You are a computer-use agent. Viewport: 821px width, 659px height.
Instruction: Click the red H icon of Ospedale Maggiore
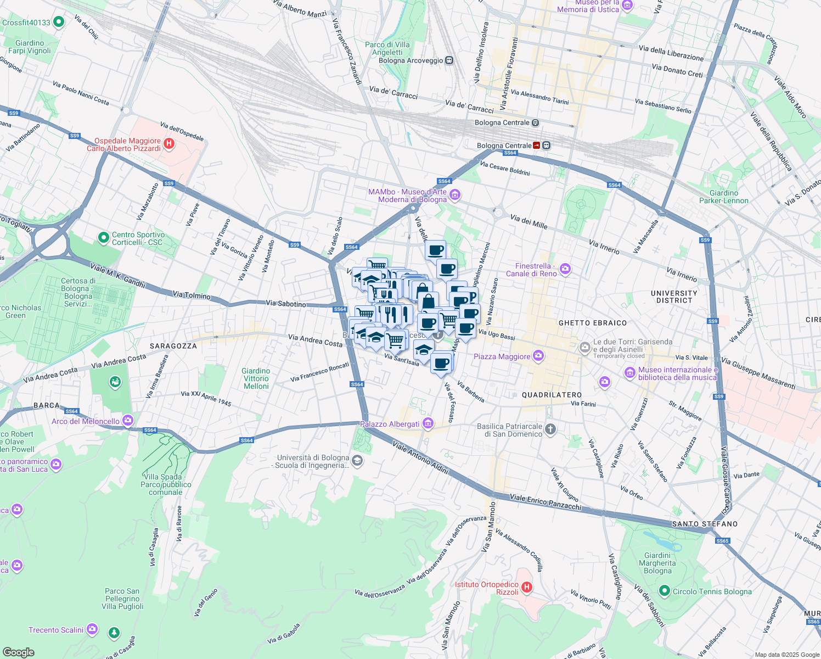(169, 144)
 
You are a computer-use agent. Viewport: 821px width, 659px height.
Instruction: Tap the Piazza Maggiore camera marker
(538, 356)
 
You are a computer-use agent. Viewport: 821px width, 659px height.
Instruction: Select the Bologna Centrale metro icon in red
(537, 146)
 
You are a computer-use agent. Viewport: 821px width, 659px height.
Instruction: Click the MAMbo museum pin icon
(454, 195)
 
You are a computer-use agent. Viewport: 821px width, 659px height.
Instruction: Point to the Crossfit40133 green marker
(59, 23)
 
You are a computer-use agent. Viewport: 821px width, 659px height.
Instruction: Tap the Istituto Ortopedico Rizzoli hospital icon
(526, 588)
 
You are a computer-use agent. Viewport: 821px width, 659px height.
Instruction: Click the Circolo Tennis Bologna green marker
(665, 591)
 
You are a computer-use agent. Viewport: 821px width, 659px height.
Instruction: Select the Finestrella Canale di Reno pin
(565, 269)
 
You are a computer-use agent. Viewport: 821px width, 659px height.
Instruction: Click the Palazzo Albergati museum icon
(428, 424)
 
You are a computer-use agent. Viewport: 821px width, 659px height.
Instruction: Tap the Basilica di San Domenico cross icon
(550, 429)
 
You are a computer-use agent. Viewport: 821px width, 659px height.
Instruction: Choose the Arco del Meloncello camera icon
(128, 421)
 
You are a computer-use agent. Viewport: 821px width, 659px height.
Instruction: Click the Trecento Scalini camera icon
(92, 629)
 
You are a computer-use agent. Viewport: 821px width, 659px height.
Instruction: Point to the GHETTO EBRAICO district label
(592, 323)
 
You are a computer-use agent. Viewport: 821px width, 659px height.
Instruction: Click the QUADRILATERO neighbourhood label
(552, 395)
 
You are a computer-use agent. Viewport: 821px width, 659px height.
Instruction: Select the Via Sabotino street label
(286, 304)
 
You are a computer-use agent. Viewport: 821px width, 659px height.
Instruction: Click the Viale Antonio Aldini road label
(420, 457)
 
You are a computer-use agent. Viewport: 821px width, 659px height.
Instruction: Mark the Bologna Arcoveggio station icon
(449, 60)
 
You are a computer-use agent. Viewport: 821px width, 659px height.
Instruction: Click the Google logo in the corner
(18, 652)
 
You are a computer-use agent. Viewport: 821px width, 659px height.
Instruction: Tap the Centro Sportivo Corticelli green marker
(103, 238)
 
